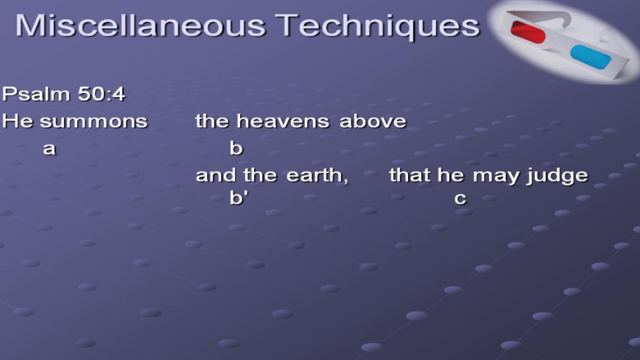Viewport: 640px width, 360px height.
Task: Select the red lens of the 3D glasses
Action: point(528,32)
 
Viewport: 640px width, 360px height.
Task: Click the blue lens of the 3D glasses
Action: point(590,57)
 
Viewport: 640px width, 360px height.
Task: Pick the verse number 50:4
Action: point(101,94)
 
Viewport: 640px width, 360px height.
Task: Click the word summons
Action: point(94,122)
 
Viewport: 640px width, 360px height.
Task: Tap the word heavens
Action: point(283,121)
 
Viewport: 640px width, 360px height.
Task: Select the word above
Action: point(373,121)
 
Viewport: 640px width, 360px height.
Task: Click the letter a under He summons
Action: point(49,149)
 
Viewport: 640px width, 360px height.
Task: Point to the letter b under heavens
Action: point(236,148)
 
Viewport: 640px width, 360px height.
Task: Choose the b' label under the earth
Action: point(239,197)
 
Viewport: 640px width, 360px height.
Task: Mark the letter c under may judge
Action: point(460,198)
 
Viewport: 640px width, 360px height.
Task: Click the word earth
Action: point(317,175)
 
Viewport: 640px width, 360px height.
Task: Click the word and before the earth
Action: point(215,175)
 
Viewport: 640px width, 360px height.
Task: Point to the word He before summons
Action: point(17,121)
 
